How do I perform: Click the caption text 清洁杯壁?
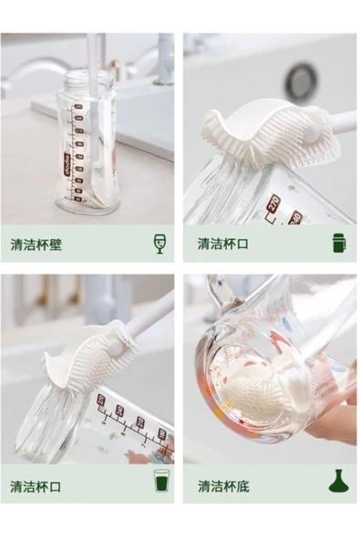click(x=36, y=244)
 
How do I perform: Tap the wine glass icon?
click(x=159, y=244)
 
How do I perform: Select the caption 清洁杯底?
click(x=223, y=486)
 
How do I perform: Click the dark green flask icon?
click(x=338, y=481)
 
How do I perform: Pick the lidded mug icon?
click(x=339, y=243)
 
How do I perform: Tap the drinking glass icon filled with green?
click(x=161, y=481)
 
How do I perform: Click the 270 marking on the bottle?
click(x=275, y=204)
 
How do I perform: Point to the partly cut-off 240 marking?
click(x=296, y=218)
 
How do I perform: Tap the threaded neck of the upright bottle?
click(x=89, y=80)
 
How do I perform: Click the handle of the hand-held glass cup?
click(x=221, y=293)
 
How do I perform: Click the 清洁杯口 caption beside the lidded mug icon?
click(x=223, y=244)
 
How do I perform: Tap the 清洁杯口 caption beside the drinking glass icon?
click(x=36, y=486)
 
